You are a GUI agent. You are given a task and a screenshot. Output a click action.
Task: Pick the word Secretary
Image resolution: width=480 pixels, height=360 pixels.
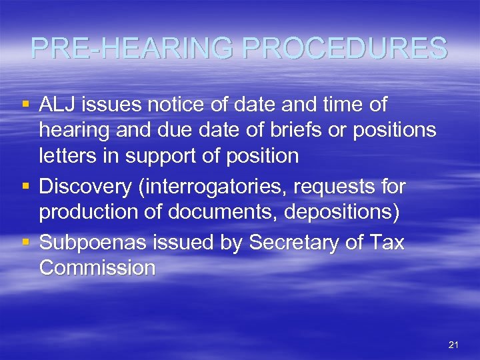point(299,243)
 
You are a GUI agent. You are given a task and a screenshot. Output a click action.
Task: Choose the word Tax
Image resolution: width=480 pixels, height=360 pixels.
point(388,243)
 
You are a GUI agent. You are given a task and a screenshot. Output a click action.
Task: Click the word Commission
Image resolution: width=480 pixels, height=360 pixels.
point(97,268)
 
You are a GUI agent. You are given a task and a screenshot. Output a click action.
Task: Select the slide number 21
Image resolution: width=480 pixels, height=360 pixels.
point(453,345)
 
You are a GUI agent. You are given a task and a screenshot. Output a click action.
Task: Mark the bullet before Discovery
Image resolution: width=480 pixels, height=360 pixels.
point(25,186)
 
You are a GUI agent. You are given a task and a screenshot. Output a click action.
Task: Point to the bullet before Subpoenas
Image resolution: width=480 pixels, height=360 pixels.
point(25,242)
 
